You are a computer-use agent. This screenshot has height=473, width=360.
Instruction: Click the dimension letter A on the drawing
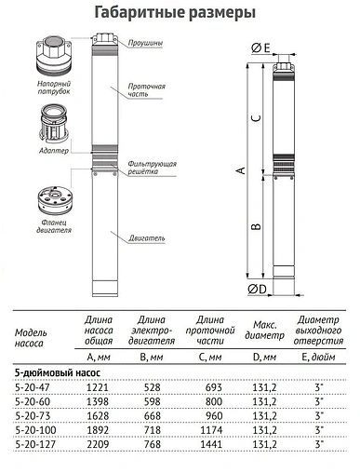coord(240,170)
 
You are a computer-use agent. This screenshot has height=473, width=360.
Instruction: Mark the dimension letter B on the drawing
coord(256,226)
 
